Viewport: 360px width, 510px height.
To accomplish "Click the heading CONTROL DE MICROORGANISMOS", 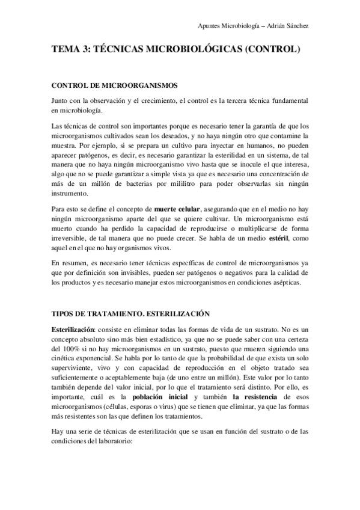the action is [x=115, y=85].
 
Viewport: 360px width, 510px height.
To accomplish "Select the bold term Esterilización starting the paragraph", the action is [x=73, y=331].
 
